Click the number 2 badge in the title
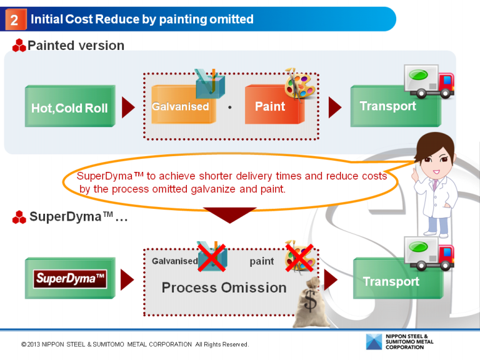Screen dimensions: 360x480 coord(14,20)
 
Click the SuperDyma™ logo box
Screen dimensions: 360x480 coord(70,279)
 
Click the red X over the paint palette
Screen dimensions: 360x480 coord(299,257)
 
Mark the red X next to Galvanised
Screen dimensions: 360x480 coord(212,257)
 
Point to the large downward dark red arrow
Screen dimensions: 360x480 coord(230,214)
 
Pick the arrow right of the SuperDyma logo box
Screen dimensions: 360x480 coord(127,279)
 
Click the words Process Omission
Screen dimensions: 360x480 coord(224,287)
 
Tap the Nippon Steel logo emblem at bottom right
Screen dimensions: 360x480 coord(373,342)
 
